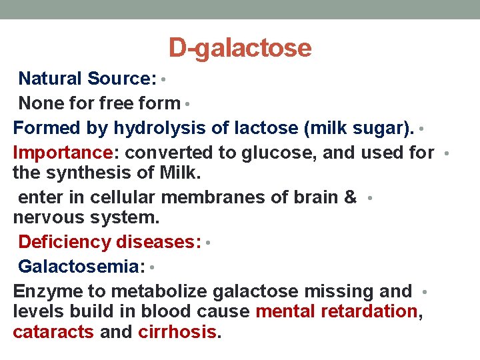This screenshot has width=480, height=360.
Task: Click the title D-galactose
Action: (240, 48)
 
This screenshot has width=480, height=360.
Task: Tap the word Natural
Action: (50, 79)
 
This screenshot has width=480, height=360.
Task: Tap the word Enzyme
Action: (46, 291)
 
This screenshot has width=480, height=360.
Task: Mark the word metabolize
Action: (160, 291)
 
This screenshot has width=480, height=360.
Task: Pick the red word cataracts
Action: (53, 331)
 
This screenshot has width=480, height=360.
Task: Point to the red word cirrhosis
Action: (178, 331)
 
